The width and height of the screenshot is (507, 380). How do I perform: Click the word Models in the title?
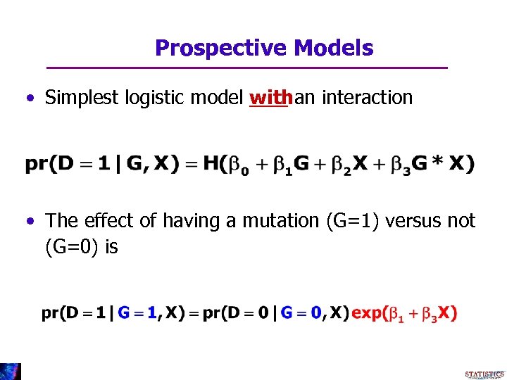tap(334, 48)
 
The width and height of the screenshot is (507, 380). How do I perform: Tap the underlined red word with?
tap(270, 97)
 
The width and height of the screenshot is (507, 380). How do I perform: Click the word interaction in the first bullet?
tap(366, 97)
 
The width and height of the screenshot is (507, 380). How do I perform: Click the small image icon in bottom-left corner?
tap(10, 372)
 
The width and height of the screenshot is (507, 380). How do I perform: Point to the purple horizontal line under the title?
tap(246, 68)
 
